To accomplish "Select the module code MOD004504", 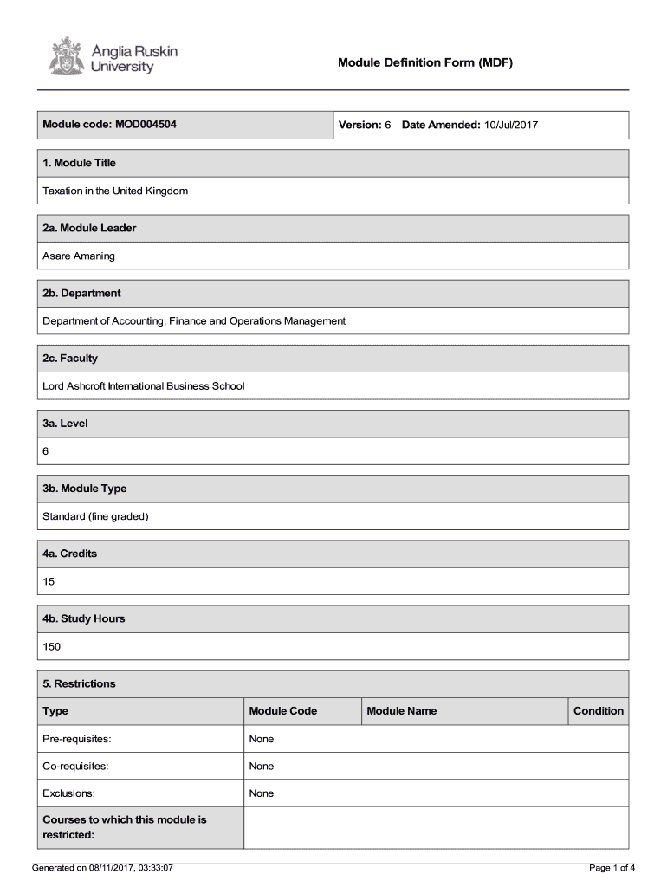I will [146, 125].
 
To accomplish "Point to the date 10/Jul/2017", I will [511, 126].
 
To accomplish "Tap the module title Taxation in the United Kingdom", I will [115, 191].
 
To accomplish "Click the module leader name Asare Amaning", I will [79, 256].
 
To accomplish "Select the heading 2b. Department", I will [81, 293].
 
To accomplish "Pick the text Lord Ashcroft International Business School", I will [144, 385].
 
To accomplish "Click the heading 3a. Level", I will [66, 424].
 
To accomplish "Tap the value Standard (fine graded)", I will [96, 516].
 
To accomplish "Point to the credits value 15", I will [49, 581].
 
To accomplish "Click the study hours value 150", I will [52, 646].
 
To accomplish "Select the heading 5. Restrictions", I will [79, 683].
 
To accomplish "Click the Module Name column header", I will [402, 711].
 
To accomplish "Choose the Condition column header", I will [598, 711].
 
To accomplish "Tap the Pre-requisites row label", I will [77, 739].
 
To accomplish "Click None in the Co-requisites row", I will [261, 766].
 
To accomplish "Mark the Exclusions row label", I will [69, 793].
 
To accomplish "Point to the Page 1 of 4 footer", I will [612, 867].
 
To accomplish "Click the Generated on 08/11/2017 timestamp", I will [102, 867].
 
